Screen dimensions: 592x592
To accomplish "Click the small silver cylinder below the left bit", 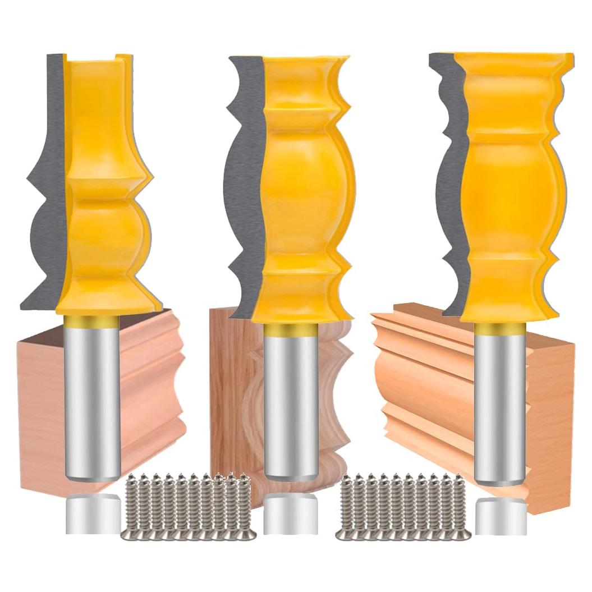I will coord(93,514).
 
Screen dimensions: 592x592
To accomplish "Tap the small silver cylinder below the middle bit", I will coord(291,514).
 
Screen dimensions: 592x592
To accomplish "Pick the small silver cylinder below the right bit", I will coord(501,516).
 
